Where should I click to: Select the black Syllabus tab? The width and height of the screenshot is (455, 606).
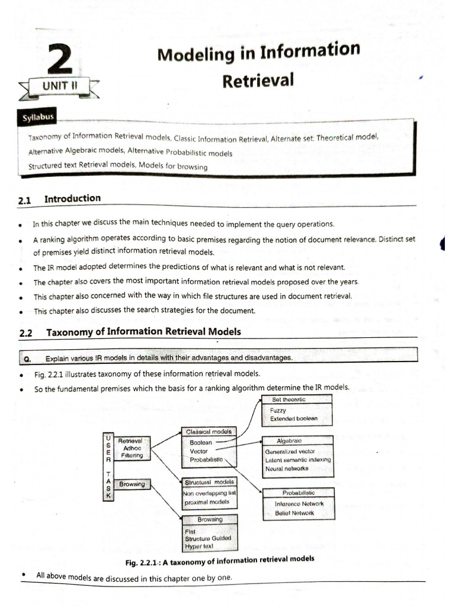(x=39, y=117)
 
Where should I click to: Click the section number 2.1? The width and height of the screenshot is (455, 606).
(x=24, y=201)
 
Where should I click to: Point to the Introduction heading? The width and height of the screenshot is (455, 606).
(x=72, y=199)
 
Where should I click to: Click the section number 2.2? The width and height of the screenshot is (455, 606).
(x=25, y=333)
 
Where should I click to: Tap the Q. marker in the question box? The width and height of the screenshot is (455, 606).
(x=27, y=359)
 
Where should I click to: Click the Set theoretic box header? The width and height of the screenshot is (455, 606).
(x=289, y=399)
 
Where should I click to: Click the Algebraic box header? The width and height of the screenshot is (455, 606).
(x=289, y=441)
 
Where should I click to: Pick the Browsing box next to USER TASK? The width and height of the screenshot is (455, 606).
(x=132, y=484)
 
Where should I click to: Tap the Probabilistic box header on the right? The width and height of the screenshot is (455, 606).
(x=298, y=492)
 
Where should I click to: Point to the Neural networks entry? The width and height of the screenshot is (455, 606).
(x=287, y=469)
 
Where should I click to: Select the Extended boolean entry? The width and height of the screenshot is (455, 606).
(x=293, y=418)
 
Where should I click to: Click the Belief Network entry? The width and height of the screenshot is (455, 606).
(x=294, y=512)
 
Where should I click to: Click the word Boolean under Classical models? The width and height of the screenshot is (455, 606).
(x=201, y=442)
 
